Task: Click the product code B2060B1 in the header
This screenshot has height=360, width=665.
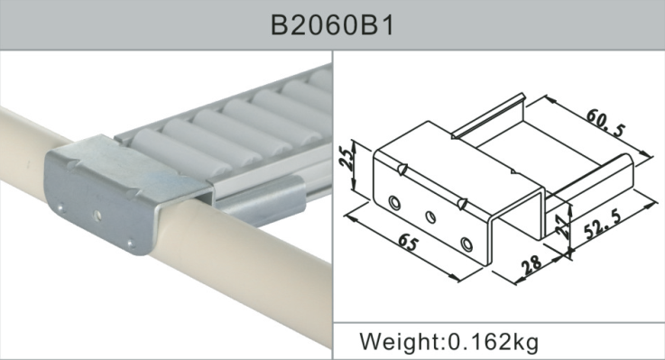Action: pos(331,24)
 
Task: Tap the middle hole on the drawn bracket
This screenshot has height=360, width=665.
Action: pos(429,217)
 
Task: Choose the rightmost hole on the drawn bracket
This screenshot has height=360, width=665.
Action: pos(465,244)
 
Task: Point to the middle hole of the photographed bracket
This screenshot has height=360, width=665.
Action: pos(97,216)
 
